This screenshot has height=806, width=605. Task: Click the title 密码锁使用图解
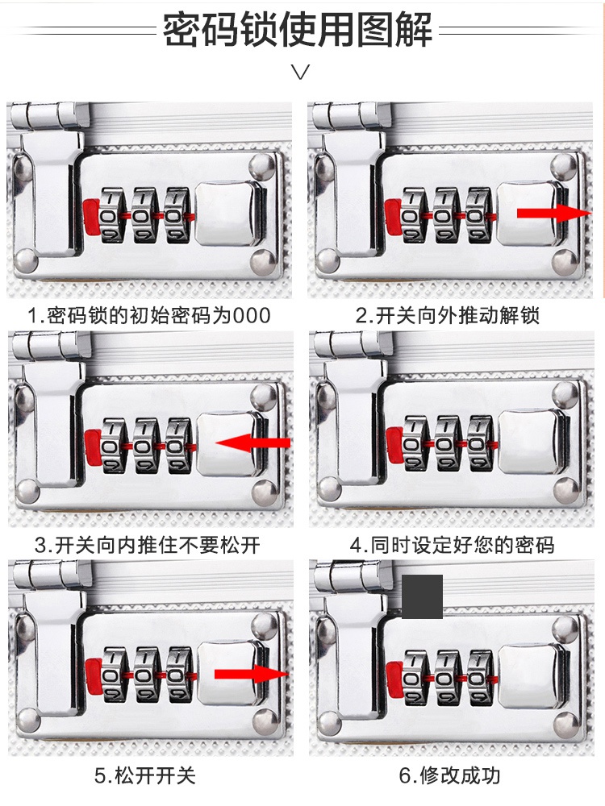click(x=298, y=31)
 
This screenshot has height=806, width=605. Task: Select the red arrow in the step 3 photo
click(x=253, y=442)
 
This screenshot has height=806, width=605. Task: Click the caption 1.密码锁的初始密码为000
click(x=148, y=315)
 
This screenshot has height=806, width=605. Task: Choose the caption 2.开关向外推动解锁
click(x=448, y=315)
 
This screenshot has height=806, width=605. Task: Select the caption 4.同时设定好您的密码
click(x=452, y=545)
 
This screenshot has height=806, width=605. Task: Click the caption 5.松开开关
click(x=145, y=776)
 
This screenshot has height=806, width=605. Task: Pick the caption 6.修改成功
click(x=450, y=776)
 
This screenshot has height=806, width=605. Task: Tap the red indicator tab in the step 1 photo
click(x=90, y=214)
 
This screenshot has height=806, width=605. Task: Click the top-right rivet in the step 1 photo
click(x=261, y=168)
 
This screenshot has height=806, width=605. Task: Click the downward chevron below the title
click(x=301, y=73)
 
